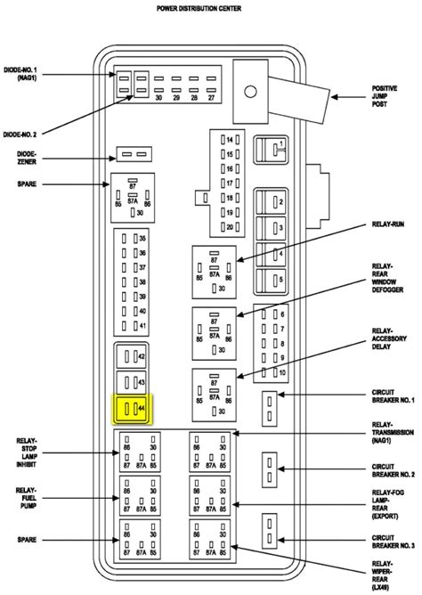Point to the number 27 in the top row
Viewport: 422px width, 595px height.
point(210,97)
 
